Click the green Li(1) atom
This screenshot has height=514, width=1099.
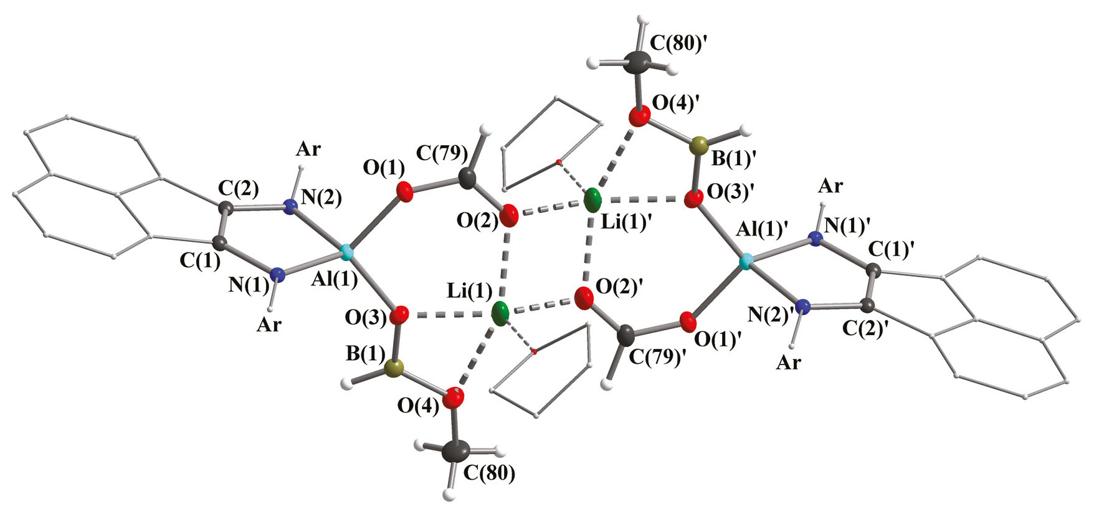tap(500, 313)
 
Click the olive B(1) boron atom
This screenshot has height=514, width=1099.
tap(392, 369)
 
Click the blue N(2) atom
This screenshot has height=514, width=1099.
tap(288, 207)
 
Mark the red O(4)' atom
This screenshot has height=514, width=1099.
tap(638, 117)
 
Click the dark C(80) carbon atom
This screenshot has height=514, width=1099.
tap(457, 453)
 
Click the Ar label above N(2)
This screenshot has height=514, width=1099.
tap(308, 149)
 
